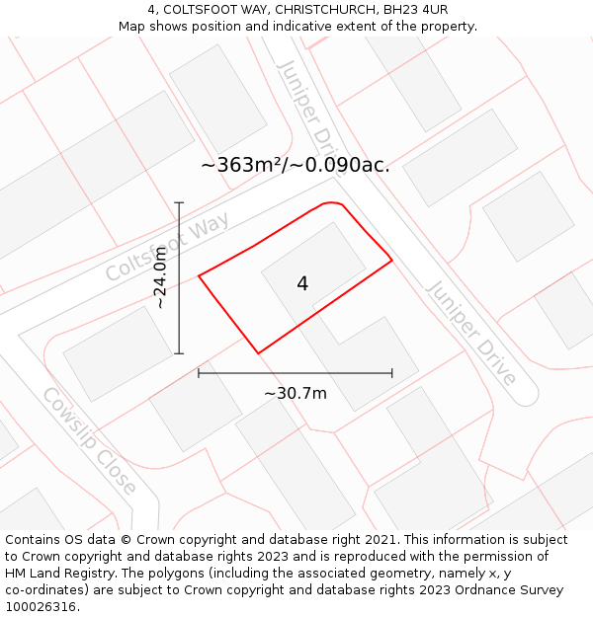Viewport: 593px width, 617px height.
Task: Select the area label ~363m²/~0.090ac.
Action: [x=296, y=165]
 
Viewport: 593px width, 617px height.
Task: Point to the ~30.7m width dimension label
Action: [x=295, y=393]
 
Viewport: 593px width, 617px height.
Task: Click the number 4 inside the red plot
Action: [x=302, y=283]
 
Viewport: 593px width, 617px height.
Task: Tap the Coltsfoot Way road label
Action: [x=167, y=246]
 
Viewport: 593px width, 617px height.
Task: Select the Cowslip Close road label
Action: [x=89, y=440]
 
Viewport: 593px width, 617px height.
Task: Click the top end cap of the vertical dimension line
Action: [x=179, y=202]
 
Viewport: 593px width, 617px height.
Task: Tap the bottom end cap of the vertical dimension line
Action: [x=179, y=352]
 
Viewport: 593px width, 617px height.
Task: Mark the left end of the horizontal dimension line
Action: [x=199, y=373]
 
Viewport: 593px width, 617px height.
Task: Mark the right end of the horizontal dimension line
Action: [x=392, y=373]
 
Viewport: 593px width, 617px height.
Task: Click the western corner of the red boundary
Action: [x=200, y=276]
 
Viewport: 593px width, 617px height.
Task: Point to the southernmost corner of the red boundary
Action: [x=258, y=352]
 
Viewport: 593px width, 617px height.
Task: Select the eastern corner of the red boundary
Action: [x=392, y=261]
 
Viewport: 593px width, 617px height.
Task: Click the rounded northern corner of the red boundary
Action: [x=332, y=204]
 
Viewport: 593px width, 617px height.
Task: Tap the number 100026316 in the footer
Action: [x=42, y=605]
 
